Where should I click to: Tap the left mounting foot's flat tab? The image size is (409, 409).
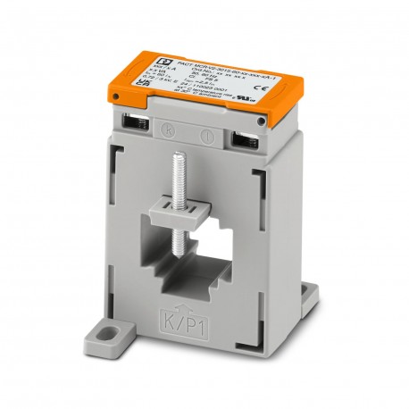pos(117,339)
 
